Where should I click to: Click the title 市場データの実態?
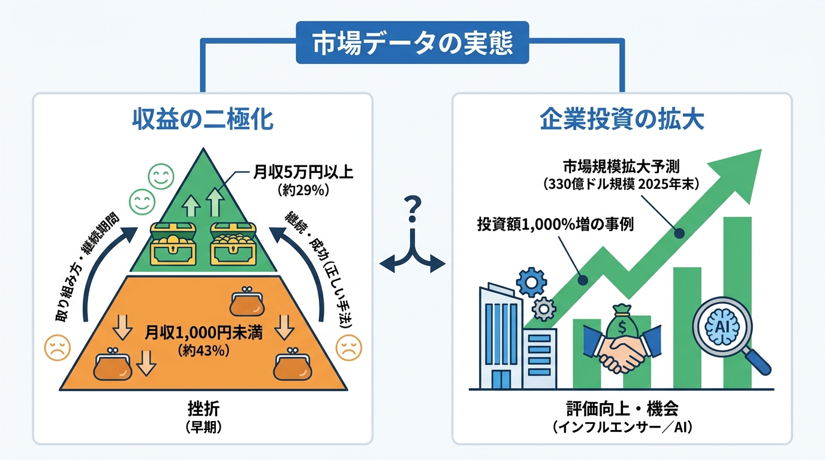pos(412,43)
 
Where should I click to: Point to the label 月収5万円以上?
pos(303,174)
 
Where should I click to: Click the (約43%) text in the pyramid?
pos(204,351)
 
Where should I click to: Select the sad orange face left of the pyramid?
pos(58,348)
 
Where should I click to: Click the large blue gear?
pos(531,282)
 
